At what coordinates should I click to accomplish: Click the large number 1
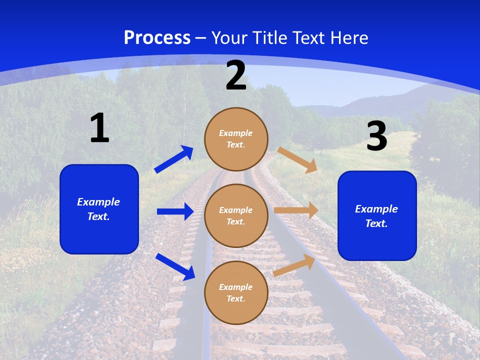pos(99,128)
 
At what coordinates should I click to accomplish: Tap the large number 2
pos(236,75)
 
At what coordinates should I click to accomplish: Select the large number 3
pos(376,136)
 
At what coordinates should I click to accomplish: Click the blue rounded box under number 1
pos(99,209)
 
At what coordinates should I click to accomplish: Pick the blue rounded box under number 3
pos(377,215)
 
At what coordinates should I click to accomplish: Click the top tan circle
pos(236,139)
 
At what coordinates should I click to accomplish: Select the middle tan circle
pos(236,215)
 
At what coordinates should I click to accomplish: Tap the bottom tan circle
pos(236,292)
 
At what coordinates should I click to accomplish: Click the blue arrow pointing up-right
pos(174,159)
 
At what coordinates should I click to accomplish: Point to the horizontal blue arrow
pos(175,211)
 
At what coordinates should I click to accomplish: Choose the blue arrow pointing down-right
pos(175,266)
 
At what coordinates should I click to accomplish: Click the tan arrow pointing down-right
pos(297,160)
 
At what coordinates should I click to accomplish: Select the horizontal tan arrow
pos(296,210)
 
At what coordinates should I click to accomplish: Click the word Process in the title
pos(157,37)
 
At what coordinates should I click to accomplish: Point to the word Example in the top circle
pos(236,133)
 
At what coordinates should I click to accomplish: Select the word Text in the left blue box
pos(98,216)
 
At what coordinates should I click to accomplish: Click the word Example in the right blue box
pos(376,208)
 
